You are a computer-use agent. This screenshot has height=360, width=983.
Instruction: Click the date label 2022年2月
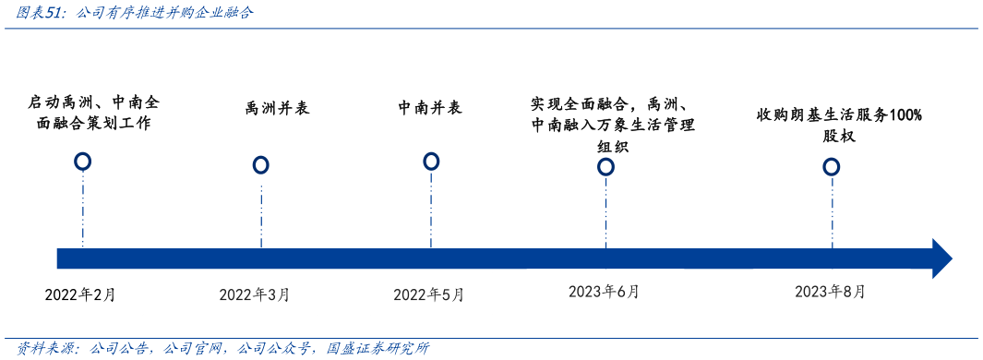point(80,295)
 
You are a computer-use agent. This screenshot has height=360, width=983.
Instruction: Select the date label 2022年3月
point(255,295)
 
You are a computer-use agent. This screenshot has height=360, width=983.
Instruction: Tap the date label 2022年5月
point(429,295)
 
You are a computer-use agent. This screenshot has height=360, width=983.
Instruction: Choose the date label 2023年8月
point(831,292)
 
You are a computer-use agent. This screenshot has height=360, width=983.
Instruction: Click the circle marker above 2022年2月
point(83,162)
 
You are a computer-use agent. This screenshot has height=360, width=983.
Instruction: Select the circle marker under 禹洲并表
point(261,165)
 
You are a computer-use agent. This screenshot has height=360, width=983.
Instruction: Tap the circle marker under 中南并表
point(431,162)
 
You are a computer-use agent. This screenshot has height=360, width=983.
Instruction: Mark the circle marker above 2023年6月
point(605,166)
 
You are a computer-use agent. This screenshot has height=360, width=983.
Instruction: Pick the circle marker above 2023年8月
point(832,166)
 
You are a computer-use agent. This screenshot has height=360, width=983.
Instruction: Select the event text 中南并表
point(430,108)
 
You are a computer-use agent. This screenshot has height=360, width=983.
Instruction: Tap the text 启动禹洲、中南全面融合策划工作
point(95,112)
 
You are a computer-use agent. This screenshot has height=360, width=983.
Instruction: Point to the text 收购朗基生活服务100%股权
point(839,125)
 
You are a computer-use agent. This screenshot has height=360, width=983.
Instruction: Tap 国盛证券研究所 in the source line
point(378,348)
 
